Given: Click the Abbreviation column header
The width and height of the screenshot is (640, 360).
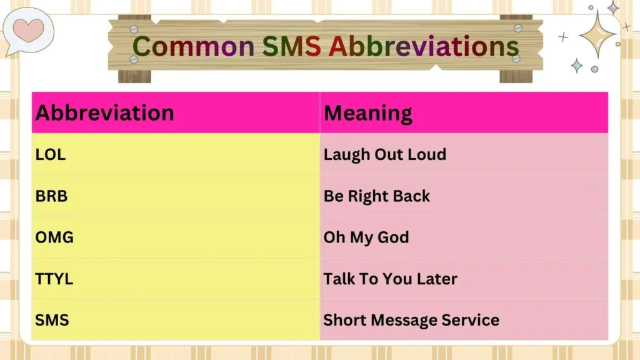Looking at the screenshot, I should click(104, 113).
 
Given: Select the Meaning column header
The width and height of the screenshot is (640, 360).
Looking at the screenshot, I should click(367, 113).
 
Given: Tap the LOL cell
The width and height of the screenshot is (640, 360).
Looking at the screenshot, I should click(51, 154).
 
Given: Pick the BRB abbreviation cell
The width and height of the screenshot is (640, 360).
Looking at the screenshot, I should click(51, 196).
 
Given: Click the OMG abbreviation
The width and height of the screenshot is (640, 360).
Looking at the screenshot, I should click(54, 237).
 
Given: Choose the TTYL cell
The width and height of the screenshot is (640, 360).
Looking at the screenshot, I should click(54, 279).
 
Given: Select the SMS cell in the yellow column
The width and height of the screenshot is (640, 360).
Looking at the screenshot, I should click(52, 320).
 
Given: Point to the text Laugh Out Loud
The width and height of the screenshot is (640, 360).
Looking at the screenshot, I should click(384, 154).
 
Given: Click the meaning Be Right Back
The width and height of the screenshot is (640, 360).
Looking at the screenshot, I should click(376, 196).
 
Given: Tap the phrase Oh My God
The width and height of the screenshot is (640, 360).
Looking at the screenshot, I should click(366, 237).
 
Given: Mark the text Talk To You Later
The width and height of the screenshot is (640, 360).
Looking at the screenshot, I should click(390, 279).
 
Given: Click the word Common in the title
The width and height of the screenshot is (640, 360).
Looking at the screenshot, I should click(193, 46).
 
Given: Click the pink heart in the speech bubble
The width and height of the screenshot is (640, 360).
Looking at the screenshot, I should click(28, 29).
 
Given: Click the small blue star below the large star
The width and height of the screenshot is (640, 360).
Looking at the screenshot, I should click(576, 65).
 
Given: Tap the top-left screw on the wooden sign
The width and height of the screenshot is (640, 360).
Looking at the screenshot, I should click(134, 29).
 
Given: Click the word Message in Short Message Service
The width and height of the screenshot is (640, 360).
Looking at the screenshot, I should click(402, 320).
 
